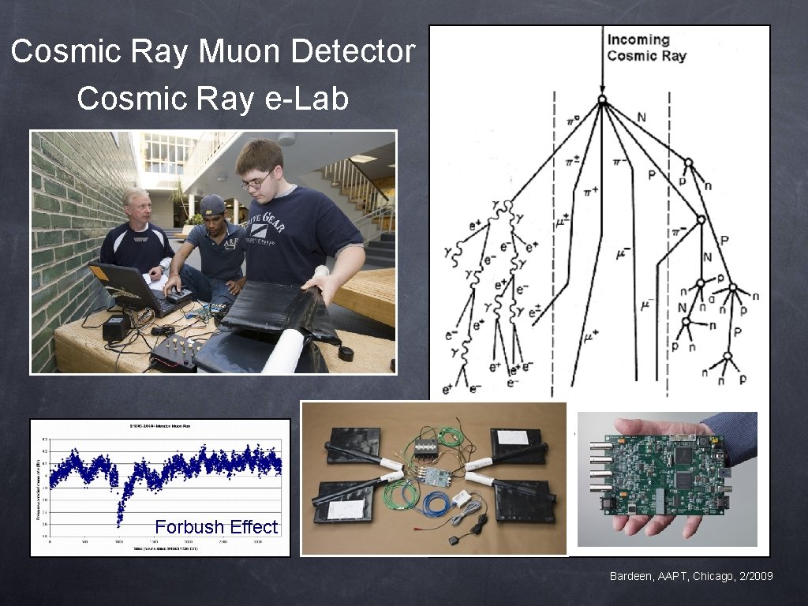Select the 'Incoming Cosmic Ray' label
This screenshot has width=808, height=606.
(646, 47)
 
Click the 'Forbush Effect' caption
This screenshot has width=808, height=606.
(216, 526)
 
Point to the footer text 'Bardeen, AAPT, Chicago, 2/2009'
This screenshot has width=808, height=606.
(691, 577)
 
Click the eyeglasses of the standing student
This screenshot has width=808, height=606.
(256, 181)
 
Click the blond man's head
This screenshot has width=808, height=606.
(135, 204)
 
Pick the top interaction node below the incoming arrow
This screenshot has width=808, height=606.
(601, 100)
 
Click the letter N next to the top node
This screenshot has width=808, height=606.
(641, 118)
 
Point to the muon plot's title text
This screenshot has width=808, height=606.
(160, 426)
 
